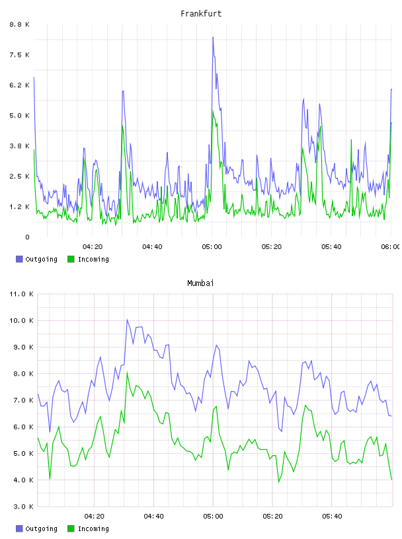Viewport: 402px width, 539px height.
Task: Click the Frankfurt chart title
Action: coord(201,14)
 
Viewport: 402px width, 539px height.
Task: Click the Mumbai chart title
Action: coord(200,283)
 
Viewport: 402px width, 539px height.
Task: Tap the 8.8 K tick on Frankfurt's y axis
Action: coord(20,24)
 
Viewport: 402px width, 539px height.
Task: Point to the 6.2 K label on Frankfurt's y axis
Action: coord(20,85)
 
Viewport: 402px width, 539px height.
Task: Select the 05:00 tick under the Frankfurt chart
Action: coord(212,247)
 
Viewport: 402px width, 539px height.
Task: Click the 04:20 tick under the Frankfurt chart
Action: coord(93,247)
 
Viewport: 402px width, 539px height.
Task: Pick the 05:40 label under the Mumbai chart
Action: coord(332,517)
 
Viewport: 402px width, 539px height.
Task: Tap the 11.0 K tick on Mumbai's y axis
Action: coord(21,294)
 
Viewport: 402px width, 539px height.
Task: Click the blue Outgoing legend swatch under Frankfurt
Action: coord(19,259)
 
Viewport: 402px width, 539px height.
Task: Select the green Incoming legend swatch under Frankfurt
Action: coord(71,259)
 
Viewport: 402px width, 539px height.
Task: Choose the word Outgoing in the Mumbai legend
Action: coord(41,528)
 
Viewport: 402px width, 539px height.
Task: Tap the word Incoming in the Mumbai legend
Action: coord(93,528)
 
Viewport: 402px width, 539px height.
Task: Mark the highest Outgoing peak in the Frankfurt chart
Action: coord(213,37)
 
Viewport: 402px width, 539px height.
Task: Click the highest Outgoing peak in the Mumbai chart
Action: coord(127,319)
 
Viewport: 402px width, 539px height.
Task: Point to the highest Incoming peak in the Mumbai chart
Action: coord(127,372)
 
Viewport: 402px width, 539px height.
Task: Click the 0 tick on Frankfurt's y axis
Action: coord(27,237)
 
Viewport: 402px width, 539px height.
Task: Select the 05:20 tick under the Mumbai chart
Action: coord(272,517)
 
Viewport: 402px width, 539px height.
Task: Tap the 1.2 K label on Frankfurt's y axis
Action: coord(20,207)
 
